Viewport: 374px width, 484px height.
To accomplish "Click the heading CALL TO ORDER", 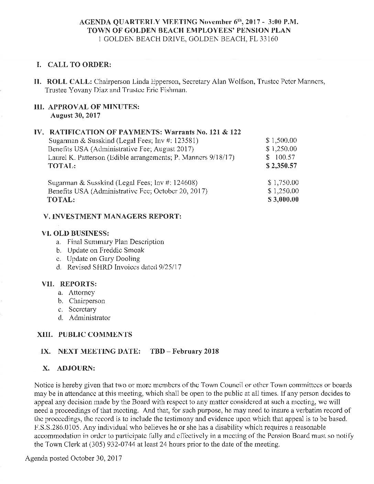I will pyautogui.click(x=79, y=65).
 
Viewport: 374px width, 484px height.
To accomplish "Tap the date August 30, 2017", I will pyautogui.click(x=75, y=115).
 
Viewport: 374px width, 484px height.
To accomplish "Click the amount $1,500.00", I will pyautogui.click(x=282, y=141).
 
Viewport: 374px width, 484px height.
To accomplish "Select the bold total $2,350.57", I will pyautogui.click(x=282, y=166).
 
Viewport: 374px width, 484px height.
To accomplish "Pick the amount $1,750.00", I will pyautogui.click(x=283, y=183).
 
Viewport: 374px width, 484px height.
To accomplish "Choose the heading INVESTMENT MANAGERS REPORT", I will pyautogui.click(x=112, y=217).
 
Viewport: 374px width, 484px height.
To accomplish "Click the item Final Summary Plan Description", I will pyautogui.click(x=115, y=242).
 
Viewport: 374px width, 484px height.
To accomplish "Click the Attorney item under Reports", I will pyautogui.click(x=81, y=293).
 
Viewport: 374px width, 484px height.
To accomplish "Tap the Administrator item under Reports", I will pyautogui.click(x=89, y=318).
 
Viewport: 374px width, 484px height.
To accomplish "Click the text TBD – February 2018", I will pyautogui.click(x=185, y=351).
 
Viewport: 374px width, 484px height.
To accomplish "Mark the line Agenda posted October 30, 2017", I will pyautogui.click(x=74, y=459).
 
